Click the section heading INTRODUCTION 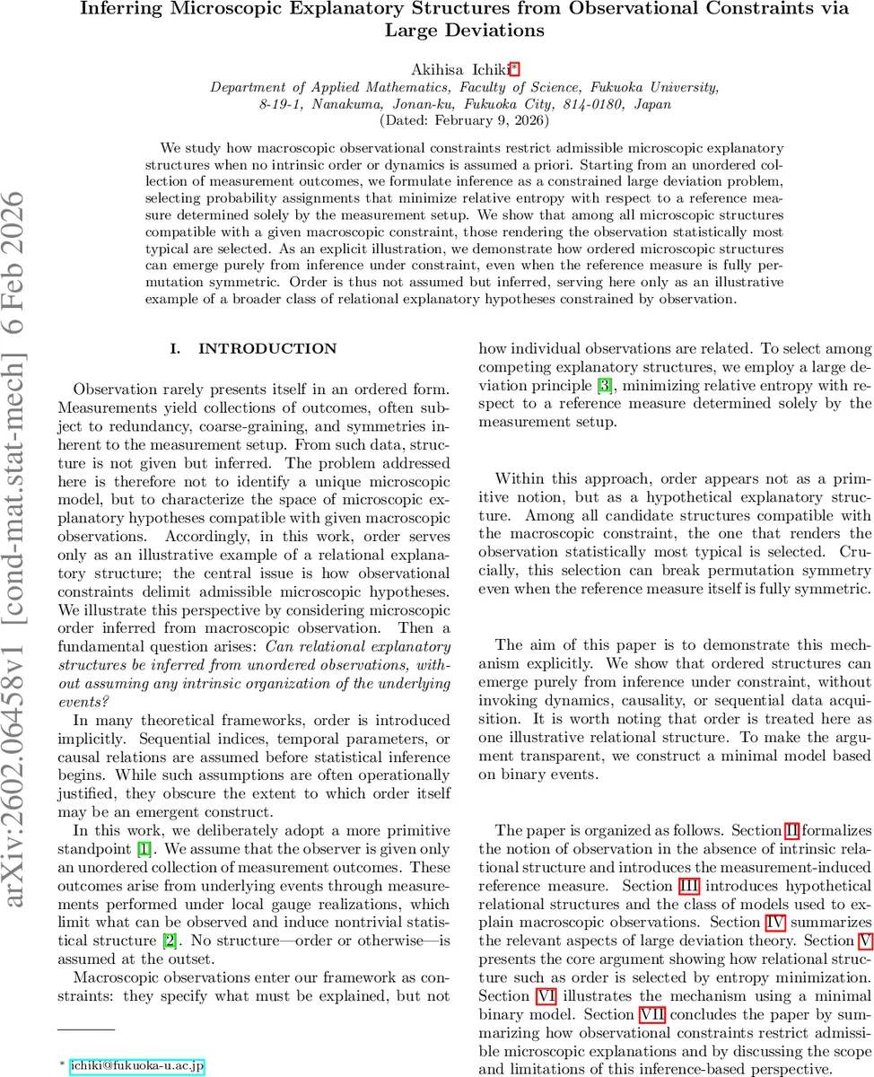[267, 348]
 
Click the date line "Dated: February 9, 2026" [465, 119]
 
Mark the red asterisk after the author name [490, 68]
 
